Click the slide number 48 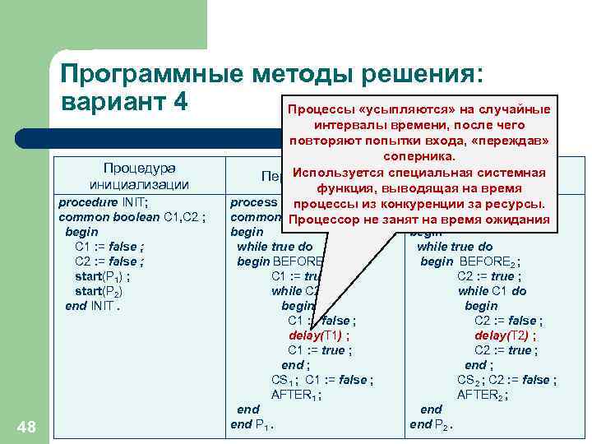[x=27, y=425]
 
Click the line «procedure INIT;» [x=103, y=202]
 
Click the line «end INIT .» [x=93, y=306]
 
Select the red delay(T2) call [x=505, y=335]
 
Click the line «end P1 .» [x=252, y=424]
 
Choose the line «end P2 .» [x=431, y=424]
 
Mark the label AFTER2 [x=482, y=395]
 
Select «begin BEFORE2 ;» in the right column [x=469, y=261]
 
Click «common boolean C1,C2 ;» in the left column [x=132, y=217]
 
